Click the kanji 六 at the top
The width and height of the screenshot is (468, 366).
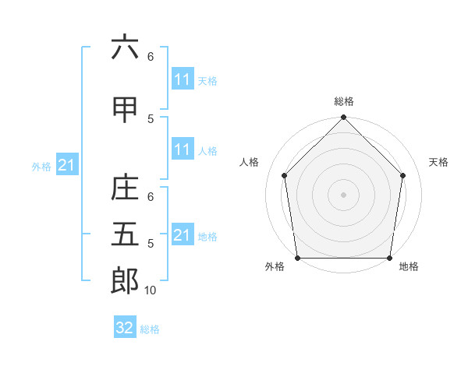[125, 48]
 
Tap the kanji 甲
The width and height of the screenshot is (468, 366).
[125, 110]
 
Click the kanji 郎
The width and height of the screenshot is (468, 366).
[125, 281]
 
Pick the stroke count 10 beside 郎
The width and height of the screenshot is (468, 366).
[151, 290]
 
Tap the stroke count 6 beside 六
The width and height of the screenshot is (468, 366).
[151, 57]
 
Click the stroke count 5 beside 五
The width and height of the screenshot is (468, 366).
[151, 244]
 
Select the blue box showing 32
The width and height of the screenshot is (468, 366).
[125, 328]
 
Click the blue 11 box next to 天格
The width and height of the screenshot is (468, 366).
[183, 79]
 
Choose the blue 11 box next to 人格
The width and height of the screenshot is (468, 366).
[183, 150]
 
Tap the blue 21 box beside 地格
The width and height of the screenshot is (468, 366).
[183, 235]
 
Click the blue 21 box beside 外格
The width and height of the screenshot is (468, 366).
[67, 165]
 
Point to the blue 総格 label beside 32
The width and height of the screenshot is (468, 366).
[150, 329]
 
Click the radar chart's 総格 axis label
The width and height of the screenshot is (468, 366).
[344, 101]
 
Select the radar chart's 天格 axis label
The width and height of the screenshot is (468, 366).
[439, 162]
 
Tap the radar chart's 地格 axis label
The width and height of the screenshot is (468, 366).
[409, 266]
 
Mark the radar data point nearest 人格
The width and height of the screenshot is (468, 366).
[284, 175]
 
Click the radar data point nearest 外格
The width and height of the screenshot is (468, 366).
[297, 258]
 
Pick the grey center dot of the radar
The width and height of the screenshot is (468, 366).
[343, 194]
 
